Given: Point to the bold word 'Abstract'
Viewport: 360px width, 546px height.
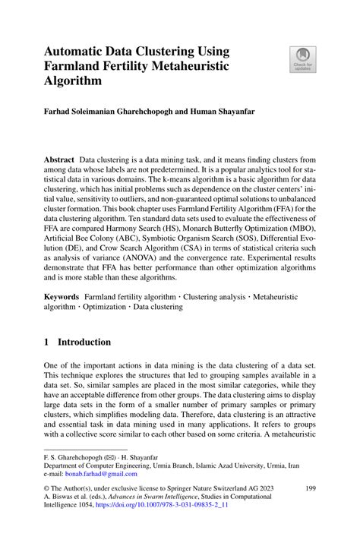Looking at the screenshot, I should coord(58,160).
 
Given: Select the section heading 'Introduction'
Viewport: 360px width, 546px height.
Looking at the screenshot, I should coord(86,342).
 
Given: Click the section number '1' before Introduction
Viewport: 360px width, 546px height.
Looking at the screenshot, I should coord(47,342).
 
